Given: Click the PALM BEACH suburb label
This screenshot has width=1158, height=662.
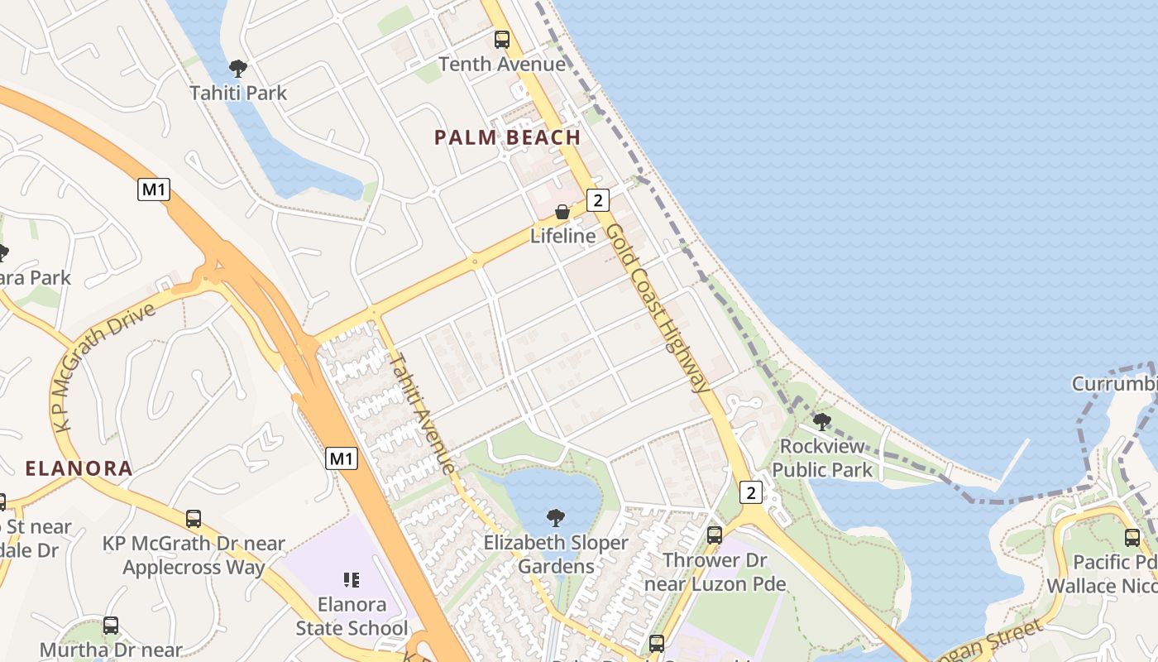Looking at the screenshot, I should click(507, 137).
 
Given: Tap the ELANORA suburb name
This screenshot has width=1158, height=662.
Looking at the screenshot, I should click(79, 468).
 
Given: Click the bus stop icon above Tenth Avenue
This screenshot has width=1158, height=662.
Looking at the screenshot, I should click(501, 39).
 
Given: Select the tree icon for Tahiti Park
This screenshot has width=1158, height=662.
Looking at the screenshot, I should click(238, 68).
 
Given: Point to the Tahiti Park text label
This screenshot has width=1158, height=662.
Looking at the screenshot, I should click(238, 93).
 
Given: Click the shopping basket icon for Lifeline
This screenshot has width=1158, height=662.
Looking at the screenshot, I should click(562, 212).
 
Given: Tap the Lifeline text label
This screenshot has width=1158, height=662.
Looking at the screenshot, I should click(562, 236).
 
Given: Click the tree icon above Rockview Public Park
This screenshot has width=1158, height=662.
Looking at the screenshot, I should click(821, 422).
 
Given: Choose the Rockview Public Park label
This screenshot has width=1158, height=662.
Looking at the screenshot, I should click(822, 458).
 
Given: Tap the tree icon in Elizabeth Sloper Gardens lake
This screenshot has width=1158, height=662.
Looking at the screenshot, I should click(556, 518).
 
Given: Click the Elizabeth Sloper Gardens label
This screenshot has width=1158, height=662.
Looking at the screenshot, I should click(556, 554).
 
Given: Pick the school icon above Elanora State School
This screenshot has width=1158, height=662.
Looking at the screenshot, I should click(352, 580).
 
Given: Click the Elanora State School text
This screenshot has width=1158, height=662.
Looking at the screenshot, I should click(352, 616).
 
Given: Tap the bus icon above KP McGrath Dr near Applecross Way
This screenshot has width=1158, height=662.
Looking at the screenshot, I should click(193, 519).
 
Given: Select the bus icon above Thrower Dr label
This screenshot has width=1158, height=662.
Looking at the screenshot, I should click(715, 535).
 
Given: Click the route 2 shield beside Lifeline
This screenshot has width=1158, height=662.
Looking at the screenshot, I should click(598, 199).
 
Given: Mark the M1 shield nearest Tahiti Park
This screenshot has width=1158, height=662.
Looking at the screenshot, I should click(154, 189).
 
